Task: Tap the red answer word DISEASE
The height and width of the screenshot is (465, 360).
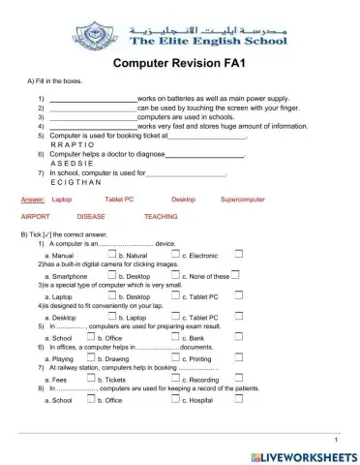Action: tap(91, 217)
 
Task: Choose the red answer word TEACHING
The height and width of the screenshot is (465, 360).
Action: tap(160, 217)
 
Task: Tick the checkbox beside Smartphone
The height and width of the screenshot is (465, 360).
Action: tap(109, 274)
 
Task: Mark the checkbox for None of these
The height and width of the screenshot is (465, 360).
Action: tap(237, 274)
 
